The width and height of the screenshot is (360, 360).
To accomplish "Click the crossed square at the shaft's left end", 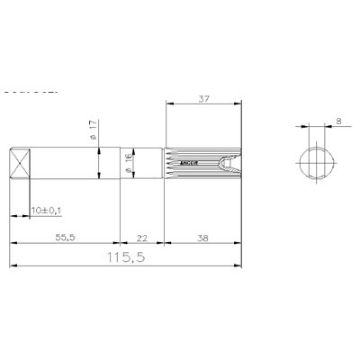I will (x=20, y=163).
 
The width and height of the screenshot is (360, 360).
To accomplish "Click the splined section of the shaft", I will (x=200, y=163).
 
